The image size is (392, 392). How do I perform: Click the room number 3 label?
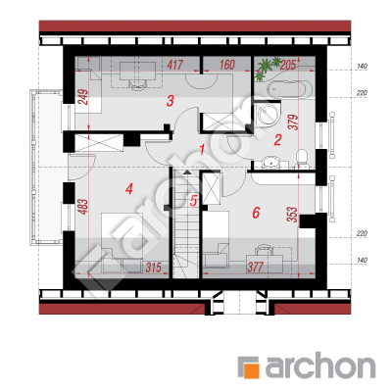(x=170, y=101)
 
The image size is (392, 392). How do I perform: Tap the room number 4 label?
(x=129, y=189)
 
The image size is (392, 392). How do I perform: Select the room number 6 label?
(x=256, y=213)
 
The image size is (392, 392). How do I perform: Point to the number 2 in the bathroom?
(x=277, y=140)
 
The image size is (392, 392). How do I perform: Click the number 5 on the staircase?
(x=193, y=201)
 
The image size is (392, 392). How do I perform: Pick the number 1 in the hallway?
(x=202, y=150)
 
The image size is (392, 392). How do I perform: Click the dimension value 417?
(x=174, y=65)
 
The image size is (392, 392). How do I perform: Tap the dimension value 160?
(x=226, y=65)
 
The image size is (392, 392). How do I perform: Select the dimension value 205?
(x=288, y=66)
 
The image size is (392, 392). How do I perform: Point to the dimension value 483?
(x=83, y=207)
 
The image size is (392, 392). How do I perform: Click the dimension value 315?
(x=153, y=268)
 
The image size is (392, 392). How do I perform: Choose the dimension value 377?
(x=255, y=267)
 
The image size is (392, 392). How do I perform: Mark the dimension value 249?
(x=83, y=97)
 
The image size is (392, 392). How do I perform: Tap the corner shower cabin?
(x=268, y=113)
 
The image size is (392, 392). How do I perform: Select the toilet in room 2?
(x=302, y=158)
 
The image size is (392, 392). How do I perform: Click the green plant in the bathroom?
(x=267, y=68)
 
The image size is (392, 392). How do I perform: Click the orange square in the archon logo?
(x=252, y=369)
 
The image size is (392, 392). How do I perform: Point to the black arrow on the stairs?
(x=186, y=172)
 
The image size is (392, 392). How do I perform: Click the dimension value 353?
(x=292, y=215)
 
